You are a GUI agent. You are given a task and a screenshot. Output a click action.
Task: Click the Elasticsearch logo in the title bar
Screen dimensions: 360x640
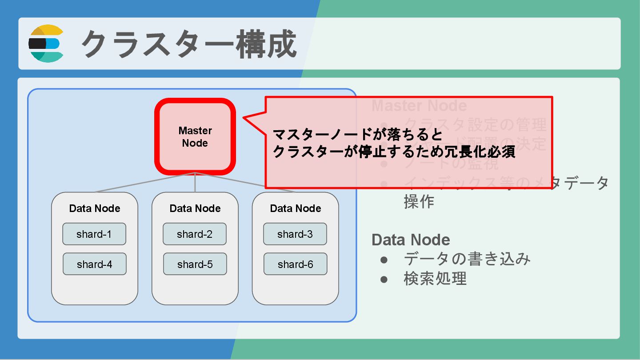pyautogui.click(x=47, y=44)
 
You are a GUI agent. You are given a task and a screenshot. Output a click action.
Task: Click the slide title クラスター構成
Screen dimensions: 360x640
pyautogui.click(x=189, y=44)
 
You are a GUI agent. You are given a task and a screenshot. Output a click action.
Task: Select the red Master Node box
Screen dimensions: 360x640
pyautogui.click(x=195, y=136)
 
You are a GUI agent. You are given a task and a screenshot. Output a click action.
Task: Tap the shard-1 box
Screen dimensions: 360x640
pyautogui.click(x=94, y=234)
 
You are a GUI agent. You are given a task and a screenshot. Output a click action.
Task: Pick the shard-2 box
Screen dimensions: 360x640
pyautogui.click(x=195, y=234)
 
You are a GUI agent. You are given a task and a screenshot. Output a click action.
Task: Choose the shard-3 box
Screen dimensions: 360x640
pyautogui.click(x=295, y=234)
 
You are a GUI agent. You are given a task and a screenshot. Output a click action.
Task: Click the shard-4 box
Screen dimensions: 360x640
pyautogui.click(x=95, y=264)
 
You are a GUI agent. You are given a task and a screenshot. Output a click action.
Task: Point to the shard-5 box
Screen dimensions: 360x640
pyautogui.click(x=195, y=264)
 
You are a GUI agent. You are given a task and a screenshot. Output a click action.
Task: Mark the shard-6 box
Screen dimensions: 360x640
pyautogui.click(x=296, y=264)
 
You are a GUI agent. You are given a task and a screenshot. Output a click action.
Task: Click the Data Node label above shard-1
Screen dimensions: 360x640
pyautogui.click(x=95, y=208)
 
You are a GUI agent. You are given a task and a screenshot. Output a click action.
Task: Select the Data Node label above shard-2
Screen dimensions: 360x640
pyautogui.click(x=195, y=208)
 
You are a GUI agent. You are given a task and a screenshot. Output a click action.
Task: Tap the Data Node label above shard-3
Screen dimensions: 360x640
pyautogui.click(x=296, y=208)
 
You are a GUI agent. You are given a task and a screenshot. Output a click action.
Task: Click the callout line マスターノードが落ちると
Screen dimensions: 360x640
pyautogui.click(x=358, y=134)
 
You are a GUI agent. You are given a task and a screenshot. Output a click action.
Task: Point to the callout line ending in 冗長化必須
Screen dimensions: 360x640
pyautogui.click(x=394, y=152)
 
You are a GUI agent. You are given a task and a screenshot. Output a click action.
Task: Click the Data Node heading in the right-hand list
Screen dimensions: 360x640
pyautogui.click(x=411, y=240)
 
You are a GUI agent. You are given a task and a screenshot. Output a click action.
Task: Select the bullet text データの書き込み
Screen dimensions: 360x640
pyautogui.click(x=467, y=259)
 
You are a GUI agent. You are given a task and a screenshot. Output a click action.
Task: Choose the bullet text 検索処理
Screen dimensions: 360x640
pyautogui.click(x=435, y=279)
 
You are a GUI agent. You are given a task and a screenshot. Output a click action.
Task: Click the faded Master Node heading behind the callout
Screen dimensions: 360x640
pyautogui.click(x=419, y=106)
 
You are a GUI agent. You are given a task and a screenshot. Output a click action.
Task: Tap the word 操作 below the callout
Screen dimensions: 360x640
pyautogui.click(x=419, y=202)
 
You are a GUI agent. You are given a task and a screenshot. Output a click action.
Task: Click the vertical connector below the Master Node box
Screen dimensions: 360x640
pyautogui.click(x=195, y=183)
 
